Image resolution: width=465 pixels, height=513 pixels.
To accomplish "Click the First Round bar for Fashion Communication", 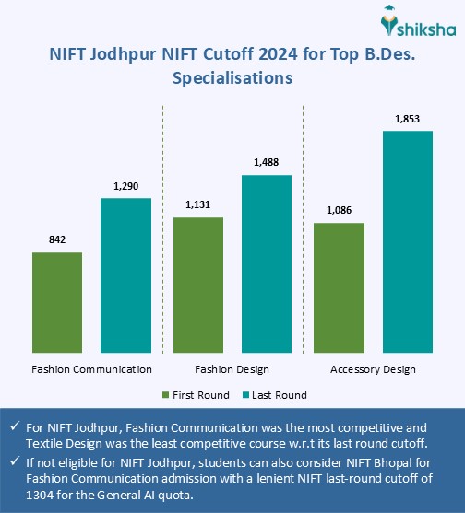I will pyautogui.click(x=57, y=303).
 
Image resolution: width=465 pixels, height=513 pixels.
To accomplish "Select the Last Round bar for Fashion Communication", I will pyautogui.click(x=125, y=276).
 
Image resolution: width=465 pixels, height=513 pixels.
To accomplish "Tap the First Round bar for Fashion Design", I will pyautogui.click(x=197, y=286).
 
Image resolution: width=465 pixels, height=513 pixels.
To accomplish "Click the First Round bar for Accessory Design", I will pyautogui.click(x=339, y=288).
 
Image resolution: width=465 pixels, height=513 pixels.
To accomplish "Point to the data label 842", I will pyautogui.click(x=57, y=239).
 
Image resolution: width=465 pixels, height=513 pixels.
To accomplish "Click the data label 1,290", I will pyautogui.click(x=125, y=186).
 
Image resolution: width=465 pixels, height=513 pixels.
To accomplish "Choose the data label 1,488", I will pyautogui.click(x=267, y=163).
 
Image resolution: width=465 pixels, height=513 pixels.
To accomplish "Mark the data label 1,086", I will pyautogui.click(x=339, y=210).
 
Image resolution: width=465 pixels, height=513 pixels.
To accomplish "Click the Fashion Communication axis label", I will pyautogui.click(x=91, y=369).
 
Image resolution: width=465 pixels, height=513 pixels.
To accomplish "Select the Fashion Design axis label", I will pyautogui.click(x=232, y=369).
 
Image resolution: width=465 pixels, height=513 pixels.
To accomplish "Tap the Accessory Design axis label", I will pyautogui.click(x=373, y=369).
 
